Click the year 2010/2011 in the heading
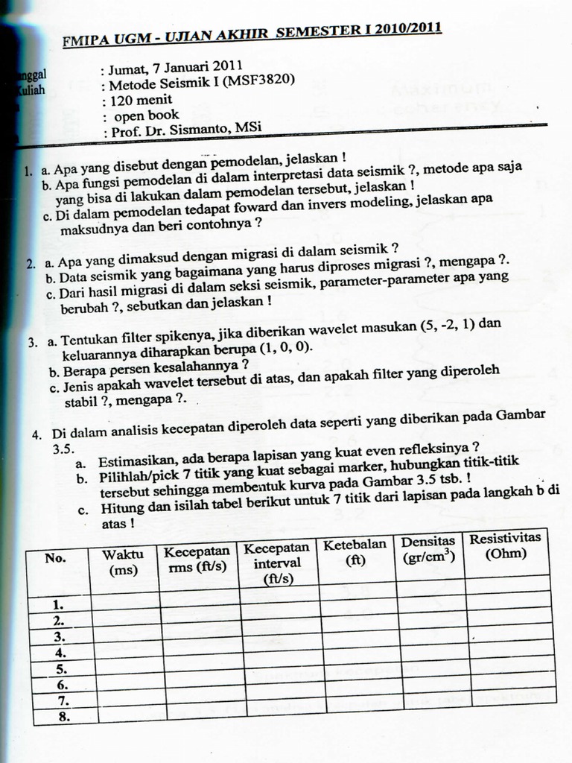point(407,30)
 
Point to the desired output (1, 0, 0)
point(285,349)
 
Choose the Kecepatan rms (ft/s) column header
point(197,560)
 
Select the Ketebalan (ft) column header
point(355,551)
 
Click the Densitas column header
point(428,549)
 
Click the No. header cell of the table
point(55,558)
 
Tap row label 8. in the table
point(62,717)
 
